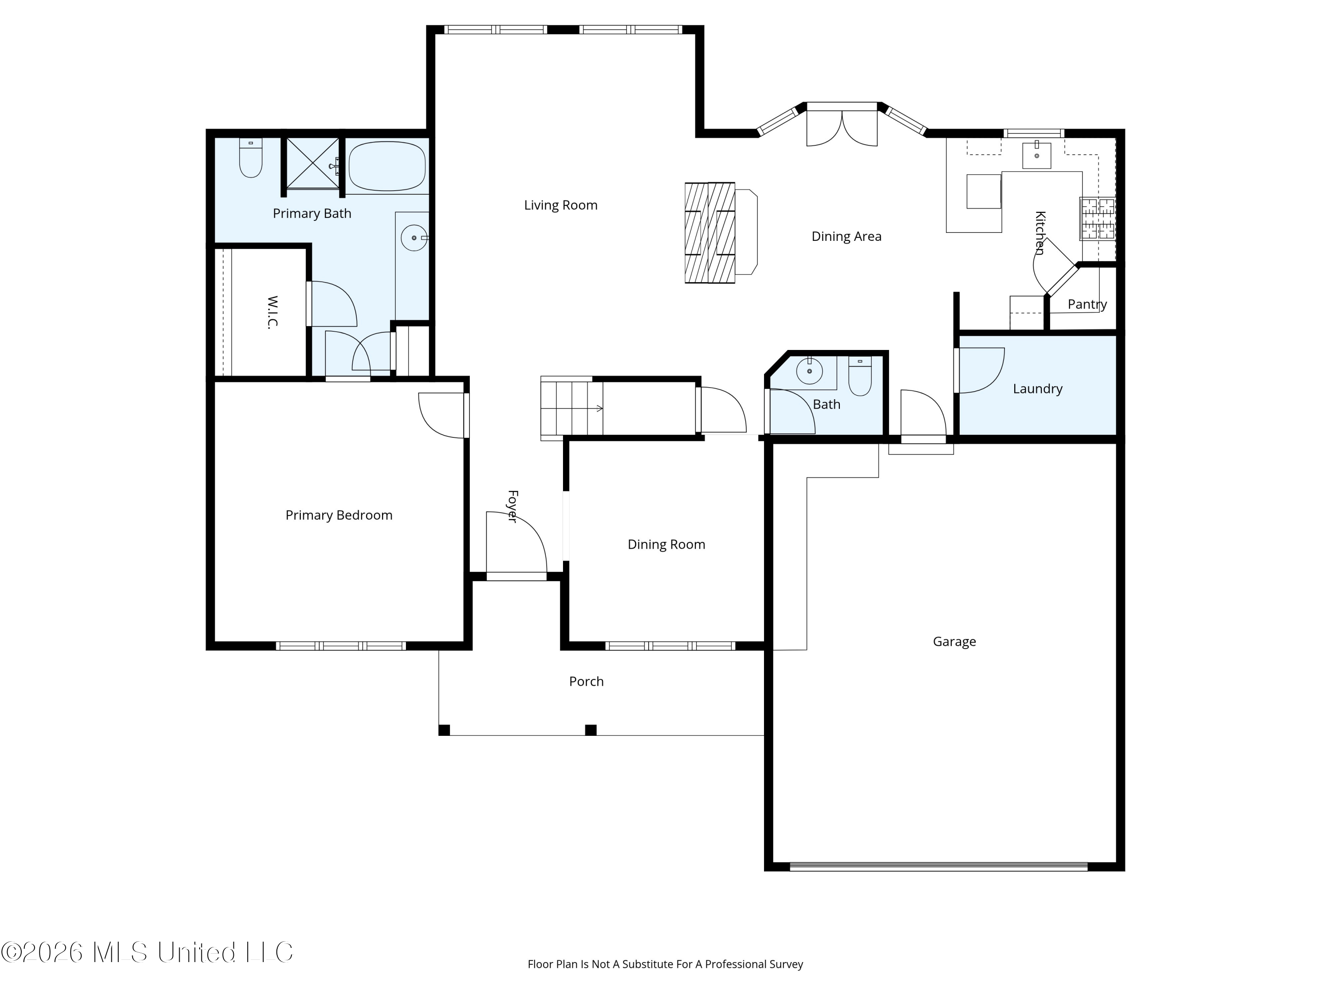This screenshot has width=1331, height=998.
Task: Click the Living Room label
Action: click(x=560, y=205)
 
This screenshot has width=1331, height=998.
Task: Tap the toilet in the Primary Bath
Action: click(x=251, y=157)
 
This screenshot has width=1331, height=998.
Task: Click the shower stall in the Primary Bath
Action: click(x=312, y=163)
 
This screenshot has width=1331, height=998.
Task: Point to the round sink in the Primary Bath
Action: click(x=414, y=238)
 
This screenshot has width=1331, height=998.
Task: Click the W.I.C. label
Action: click(x=272, y=312)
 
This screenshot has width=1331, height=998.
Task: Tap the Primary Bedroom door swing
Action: click(x=443, y=415)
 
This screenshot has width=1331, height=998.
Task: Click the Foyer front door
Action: click(x=516, y=544)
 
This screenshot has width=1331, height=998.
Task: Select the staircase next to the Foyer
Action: click(x=571, y=409)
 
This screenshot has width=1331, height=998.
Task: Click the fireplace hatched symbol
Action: click(x=710, y=233)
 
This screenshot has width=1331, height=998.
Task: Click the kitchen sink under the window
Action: click(x=1036, y=155)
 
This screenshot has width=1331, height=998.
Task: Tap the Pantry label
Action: click(x=1087, y=304)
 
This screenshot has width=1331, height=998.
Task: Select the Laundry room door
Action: click(x=980, y=370)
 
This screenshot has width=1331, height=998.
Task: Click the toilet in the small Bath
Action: click(x=860, y=376)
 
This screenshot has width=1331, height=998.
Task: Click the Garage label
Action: click(x=954, y=642)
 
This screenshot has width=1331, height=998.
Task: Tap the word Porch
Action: click(x=586, y=682)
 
